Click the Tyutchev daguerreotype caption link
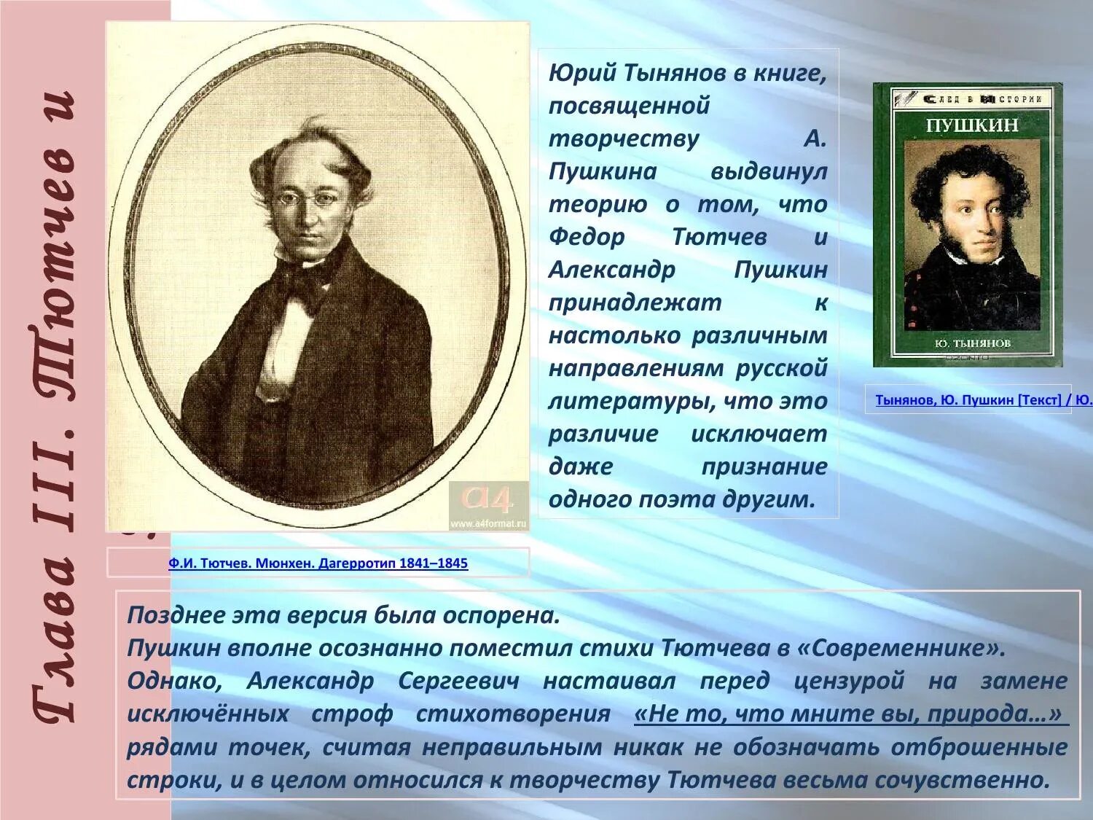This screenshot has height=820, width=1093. point(318,563)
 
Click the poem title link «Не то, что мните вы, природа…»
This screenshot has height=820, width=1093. point(850,714)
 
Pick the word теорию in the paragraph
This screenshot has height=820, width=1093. point(598,205)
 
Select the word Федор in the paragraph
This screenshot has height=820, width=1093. point(587,238)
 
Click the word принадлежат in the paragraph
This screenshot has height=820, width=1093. point(635,303)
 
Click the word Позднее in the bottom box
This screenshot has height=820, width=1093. point(174,616)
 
